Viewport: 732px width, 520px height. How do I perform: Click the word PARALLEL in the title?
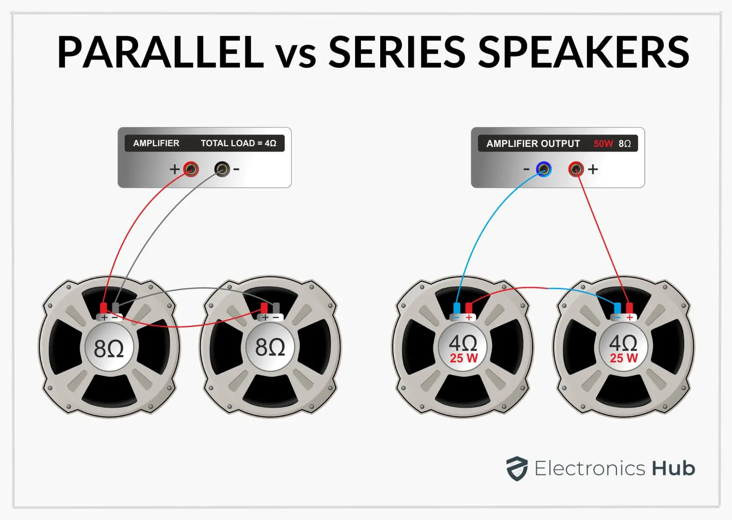(x=160, y=52)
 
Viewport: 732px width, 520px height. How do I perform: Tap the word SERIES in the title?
(x=397, y=52)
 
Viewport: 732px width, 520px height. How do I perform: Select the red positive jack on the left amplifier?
(x=191, y=169)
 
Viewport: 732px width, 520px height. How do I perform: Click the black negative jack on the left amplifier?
(x=222, y=169)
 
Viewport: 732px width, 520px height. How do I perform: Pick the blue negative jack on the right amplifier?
(x=544, y=169)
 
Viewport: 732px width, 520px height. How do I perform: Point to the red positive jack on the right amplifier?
(x=576, y=169)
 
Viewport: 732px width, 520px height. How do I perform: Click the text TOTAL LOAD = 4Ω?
(x=239, y=143)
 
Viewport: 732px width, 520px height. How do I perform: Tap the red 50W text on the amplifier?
(x=603, y=144)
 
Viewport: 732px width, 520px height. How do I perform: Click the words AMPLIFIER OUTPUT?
(x=533, y=144)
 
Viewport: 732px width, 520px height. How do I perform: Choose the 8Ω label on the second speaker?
(x=270, y=348)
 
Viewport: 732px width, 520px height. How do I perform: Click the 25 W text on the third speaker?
(x=464, y=359)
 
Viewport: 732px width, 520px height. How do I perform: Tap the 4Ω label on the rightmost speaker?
(x=623, y=343)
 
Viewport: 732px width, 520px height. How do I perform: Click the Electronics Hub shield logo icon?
(x=517, y=468)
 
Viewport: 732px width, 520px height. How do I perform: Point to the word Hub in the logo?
(x=673, y=468)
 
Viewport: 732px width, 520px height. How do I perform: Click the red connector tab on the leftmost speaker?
(x=103, y=308)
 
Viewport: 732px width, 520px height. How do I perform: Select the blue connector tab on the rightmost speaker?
(x=617, y=308)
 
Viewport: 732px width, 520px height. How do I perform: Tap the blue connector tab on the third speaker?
(x=457, y=308)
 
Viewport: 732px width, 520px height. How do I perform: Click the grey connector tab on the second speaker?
(x=276, y=308)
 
